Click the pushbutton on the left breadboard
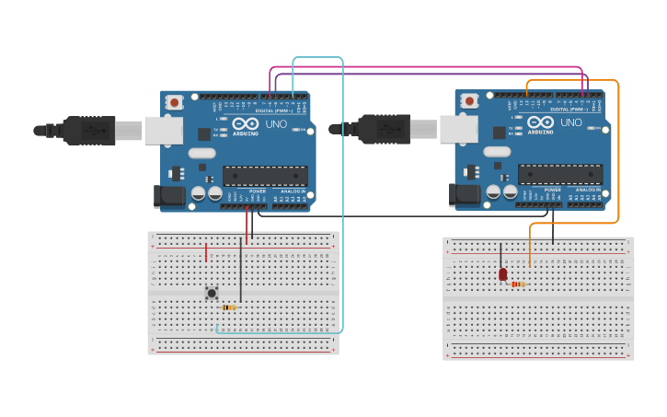pyautogui.click(x=212, y=293)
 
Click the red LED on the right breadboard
pyautogui.click(x=502, y=274)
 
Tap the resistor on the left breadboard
pyautogui.click(x=228, y=307)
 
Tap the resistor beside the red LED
pyautogui.click(x=518, y=284)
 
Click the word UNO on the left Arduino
pyautogui.click(x=276, y=123)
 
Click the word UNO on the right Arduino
pyautogui.click(x=571, y=122)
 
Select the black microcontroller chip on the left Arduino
pyautogui.click(x=265, y=176)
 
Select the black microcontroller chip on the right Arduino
pyautogui.click(x=560, y=174)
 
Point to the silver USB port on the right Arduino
pyautogui.click(x=458, y=130)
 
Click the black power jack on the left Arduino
pyautogui.click(x=170, y=195)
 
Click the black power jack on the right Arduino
pyautogui.click(x=465, y=193)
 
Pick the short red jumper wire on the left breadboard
pyautogui.click(x=206, y=251)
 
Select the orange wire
pyautogui.click(x=618, y=156)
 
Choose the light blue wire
pyautogui.click(x=343, y=184)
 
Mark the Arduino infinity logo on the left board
pyautogui.click(x=246, y=123)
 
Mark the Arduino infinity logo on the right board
pyautogui.click(x=541, y=122)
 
